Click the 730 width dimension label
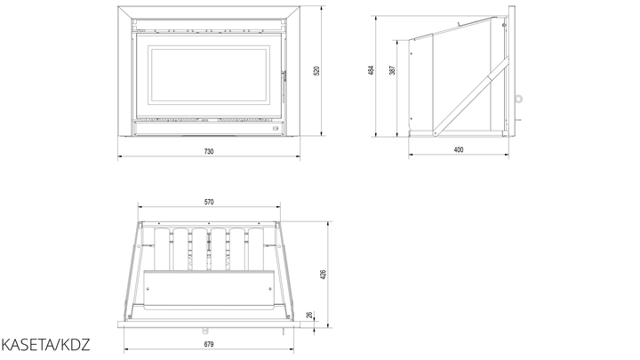(x=209, y=151)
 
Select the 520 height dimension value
(x=316, y=70)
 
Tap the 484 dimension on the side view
(x=371, y=70)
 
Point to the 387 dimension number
(x=392, y=70)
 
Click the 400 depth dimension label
(x=459, y=150)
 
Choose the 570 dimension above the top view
(x=209, y=202)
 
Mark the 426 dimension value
(x=324, y=275)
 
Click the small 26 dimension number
(x=309, y=315)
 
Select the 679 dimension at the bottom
(x=209, y=344)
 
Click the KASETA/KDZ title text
(x=45, y=345)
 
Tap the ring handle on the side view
(x=519, y=99)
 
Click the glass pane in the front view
(x=209, y=74)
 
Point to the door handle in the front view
(x=283, y=85)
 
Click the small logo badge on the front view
(x=276, y=129)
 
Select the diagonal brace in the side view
(x=471, y=96)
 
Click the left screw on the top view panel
(x=148, y=289)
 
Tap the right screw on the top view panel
(x=270, y=289)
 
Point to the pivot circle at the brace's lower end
(x=436, y=132)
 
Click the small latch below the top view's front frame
(x=205, y=331)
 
